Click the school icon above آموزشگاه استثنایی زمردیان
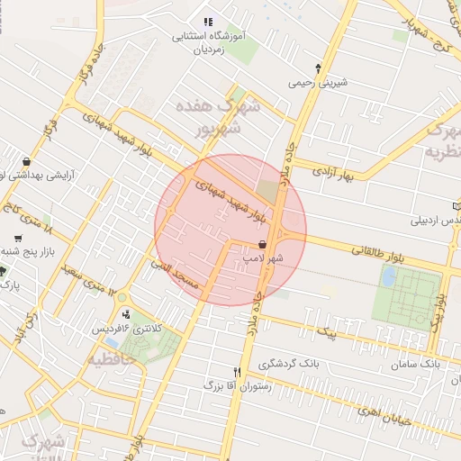coord(208,22)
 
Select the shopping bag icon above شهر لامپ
coord(262,244)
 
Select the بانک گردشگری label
coord(289,365)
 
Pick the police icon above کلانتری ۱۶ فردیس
coord(125,315)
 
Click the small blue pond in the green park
coord(388,276)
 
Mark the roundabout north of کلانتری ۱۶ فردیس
coord(122,296)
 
